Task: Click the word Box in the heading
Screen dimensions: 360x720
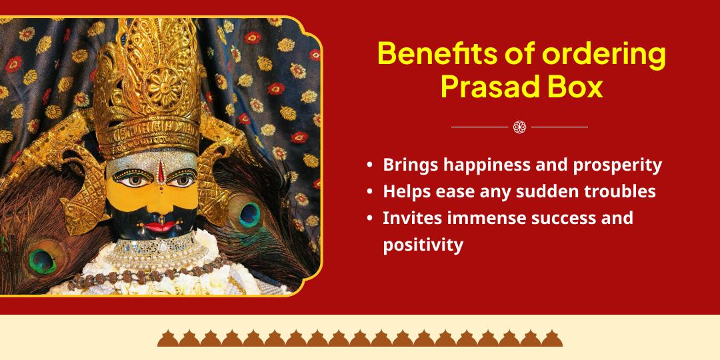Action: pos(575,87)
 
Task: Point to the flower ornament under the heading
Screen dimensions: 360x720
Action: pos(520,127)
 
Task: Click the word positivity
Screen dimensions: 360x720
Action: pos(423,245)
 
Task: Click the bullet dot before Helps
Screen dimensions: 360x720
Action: pos(369,192)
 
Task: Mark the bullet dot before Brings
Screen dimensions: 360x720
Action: pos(369,165)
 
